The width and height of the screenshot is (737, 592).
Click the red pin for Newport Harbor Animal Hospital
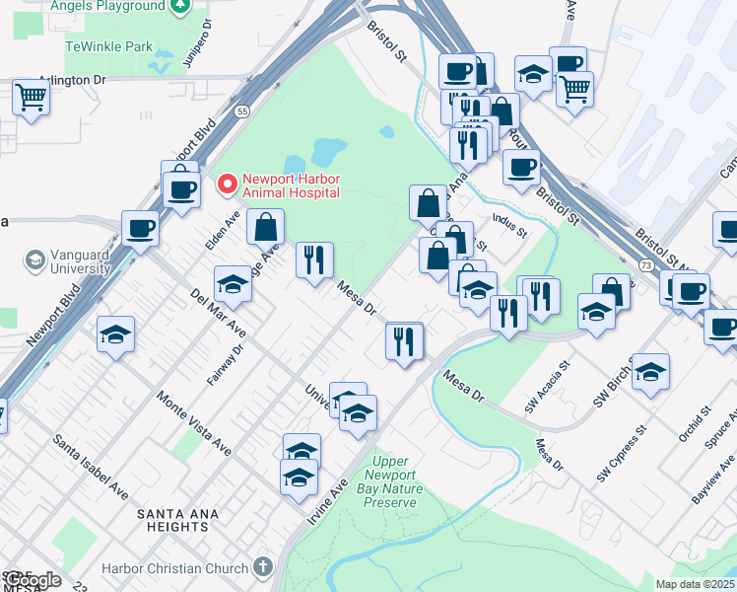pyautogui.click(x=228, y=185)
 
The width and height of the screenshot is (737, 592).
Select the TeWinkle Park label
pyautogui.click(x=108, y=46)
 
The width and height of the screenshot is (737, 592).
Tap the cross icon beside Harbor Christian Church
pyautogui.click(x=262, y=567)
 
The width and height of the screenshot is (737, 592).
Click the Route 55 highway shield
pyautogui.click(x=242, y=111)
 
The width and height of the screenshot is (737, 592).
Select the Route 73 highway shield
pyautogui.click(x=643, y=266)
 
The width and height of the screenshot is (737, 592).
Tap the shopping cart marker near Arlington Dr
pyautogui.click(x=32, y=99)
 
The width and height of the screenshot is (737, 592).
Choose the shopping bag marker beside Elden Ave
pyautogui.click(x=265, y=227)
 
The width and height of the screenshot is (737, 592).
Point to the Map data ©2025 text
pyautogui.click(x=695, y=584)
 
